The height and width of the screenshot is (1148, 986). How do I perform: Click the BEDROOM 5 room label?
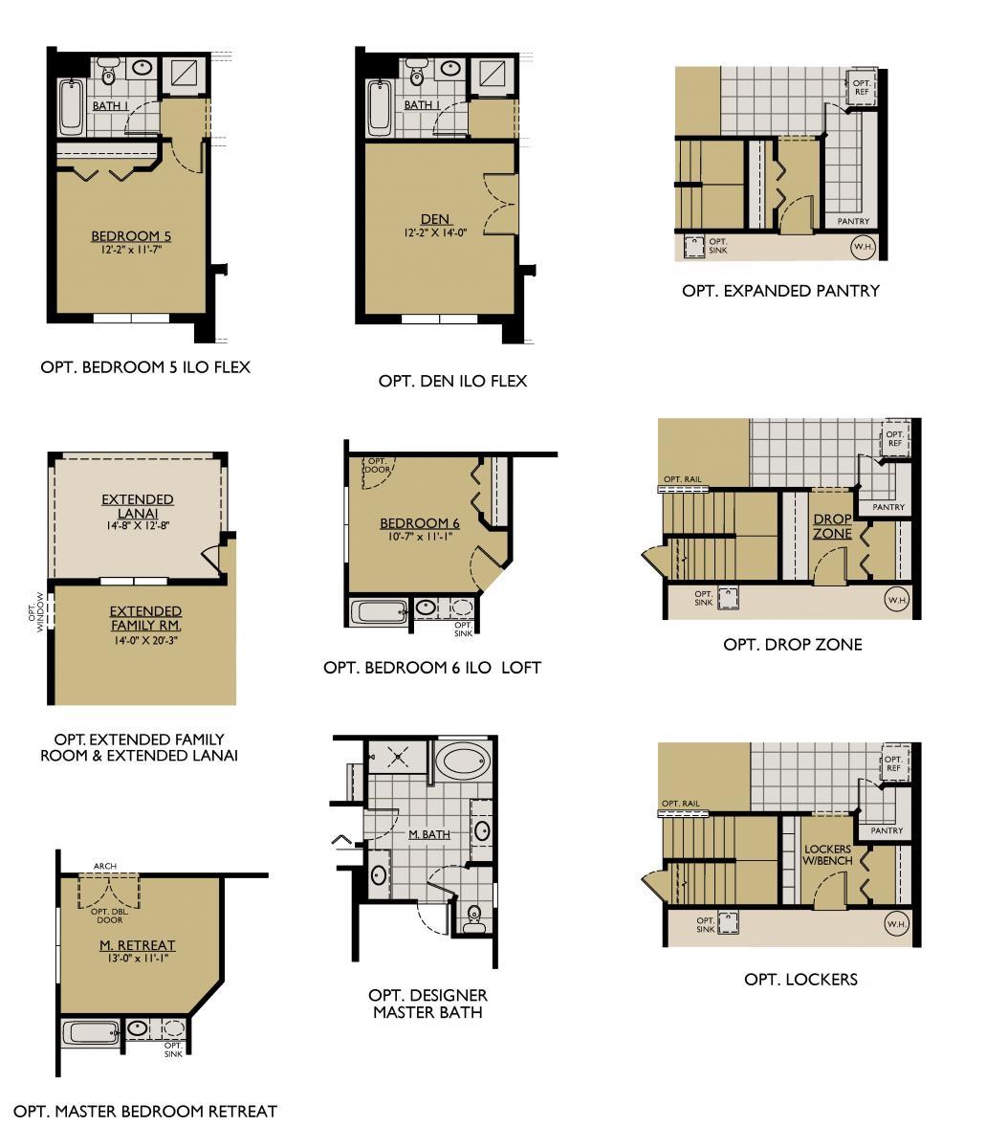(x=131, y=236)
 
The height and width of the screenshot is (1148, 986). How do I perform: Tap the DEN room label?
(x=435, y=220)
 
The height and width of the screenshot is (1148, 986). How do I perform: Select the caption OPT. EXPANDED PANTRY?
(x=780, y=291)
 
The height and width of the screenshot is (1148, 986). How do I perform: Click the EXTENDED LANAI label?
(x=138, y=506)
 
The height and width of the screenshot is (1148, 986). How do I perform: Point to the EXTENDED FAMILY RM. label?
(x=145, y=618)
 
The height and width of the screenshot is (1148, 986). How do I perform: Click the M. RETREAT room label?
(x=138, y=945)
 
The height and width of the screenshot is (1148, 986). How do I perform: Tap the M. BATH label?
(x=429, y=834)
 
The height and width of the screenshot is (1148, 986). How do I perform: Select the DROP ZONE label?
(x=832, y=526)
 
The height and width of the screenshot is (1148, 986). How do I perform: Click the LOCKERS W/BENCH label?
(x=828, y=854)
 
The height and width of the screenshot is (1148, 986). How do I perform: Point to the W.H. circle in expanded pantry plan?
(x=861, y=246)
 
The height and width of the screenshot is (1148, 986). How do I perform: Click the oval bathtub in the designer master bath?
(x=464, y=762)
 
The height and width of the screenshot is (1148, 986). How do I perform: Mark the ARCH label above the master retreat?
(x=105, y=866)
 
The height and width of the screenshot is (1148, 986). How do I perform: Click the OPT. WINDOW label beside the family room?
(x=35, y=609)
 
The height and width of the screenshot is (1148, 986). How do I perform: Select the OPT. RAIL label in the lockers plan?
(x=680, y=804)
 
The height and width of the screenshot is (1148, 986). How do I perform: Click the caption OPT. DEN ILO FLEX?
(x=452, y=381)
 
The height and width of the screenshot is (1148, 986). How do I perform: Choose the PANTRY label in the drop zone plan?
(x=888, y=507)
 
